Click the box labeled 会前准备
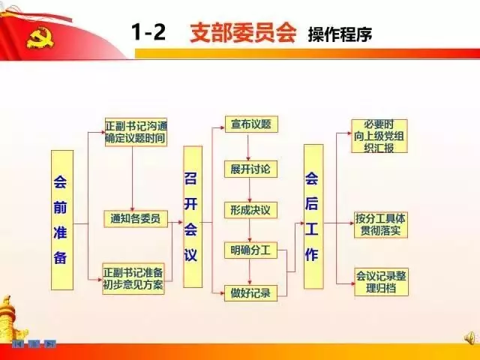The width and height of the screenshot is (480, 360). tap(61, 220)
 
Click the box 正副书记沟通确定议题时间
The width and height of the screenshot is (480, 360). tap(135, 133)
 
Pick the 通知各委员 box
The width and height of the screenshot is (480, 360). tap(135, 219)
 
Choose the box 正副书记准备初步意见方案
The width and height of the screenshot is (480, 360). tap(133, 278)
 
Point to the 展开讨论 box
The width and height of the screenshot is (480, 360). tap(250, 169)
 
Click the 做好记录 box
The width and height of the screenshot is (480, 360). tap(250, 292)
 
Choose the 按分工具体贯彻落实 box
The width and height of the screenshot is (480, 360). tap(380, 224)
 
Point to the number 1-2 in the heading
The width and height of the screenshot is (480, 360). tap(148, 33)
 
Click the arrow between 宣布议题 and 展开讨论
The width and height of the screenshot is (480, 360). tap(250, 147)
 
